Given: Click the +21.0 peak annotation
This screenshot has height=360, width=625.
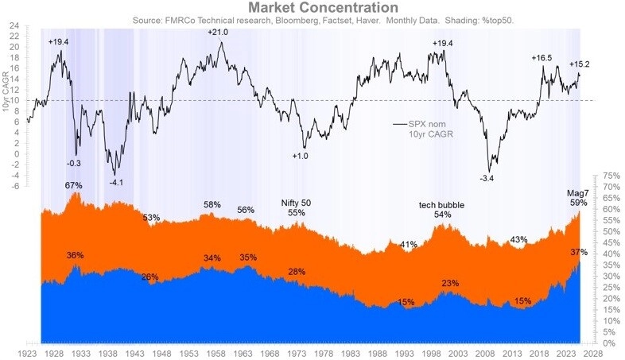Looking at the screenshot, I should pyautogui.click(x=219, y=33).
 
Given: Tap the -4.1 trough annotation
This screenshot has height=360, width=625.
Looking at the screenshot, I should pyautogui.click(x=115, y=182).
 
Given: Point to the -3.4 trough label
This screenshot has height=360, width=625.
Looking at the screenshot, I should pyautogui.click(x=487, y=178).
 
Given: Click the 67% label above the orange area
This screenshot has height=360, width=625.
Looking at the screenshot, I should pyautogui.click(x=74, y=185).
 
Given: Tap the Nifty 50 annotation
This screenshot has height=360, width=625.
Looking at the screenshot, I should pyautogui.click(x=296, y=203).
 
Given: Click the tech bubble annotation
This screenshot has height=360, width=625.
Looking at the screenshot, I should pyautogui.click(x=441, y=205).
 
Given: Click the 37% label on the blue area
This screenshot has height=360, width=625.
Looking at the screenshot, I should pyautogui.click(x=579, y=252).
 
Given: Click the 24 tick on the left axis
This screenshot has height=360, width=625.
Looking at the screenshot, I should pyautogui.click(x=14, y=25).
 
